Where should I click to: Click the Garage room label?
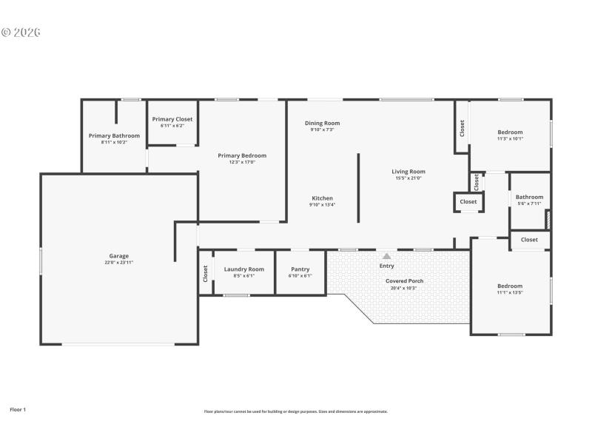tap(119, 256)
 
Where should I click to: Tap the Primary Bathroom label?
tap(114, 135)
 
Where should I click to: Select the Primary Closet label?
tap(172, 119)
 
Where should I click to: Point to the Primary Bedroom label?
tap(242, 155)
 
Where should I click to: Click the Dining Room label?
tap(322, 123)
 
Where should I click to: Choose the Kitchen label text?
tap(322, 198)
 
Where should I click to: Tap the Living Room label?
tap(408, 172)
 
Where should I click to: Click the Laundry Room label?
tap(243, 269)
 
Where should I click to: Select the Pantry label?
tap(300, 269)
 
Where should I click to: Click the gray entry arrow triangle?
tap(386, 256)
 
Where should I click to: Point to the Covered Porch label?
tap(405, 281)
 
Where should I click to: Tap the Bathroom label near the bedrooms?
tap(529, 197)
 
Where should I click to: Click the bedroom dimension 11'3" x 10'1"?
tap(510, 138)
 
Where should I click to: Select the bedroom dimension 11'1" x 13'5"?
tap(510, 292)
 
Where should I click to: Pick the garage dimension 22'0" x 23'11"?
tap(119, 262)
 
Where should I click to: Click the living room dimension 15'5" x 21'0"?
tap(408, 178)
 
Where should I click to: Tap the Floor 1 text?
tap(18, 408)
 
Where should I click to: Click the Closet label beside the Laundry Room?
tap(206, 273)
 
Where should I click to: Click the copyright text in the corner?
tap(21, 33)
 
